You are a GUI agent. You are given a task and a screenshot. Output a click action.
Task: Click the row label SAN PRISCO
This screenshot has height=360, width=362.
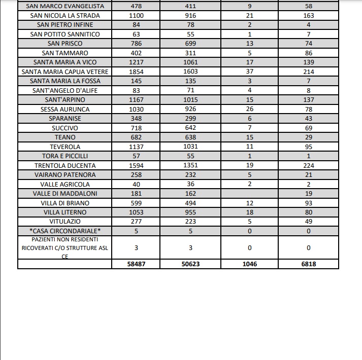click(65, 44)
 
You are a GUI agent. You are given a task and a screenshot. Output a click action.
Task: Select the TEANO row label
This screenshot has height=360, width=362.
click(65, 137)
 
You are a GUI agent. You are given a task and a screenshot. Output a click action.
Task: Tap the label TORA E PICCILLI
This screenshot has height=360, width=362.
click(65, 156)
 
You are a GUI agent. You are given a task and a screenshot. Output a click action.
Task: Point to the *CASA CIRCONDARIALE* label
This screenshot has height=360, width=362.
click(65, 231)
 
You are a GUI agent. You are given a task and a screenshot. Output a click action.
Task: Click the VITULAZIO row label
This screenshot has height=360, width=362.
click(65, 222)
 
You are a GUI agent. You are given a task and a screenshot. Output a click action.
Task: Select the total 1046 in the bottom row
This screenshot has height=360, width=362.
click(249, 264)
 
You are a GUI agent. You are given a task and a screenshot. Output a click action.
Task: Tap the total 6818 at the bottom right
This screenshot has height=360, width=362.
click(308, 264)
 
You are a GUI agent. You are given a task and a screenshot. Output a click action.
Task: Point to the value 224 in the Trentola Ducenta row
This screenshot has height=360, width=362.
click(308, 166)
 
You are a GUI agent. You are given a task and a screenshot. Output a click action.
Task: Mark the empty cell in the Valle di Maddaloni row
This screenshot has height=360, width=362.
click(249, 194)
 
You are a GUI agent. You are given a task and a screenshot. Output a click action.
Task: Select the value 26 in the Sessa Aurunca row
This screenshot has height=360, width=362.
click(249, 110)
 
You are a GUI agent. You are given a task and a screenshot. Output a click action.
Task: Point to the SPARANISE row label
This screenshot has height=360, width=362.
click(65, 119)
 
